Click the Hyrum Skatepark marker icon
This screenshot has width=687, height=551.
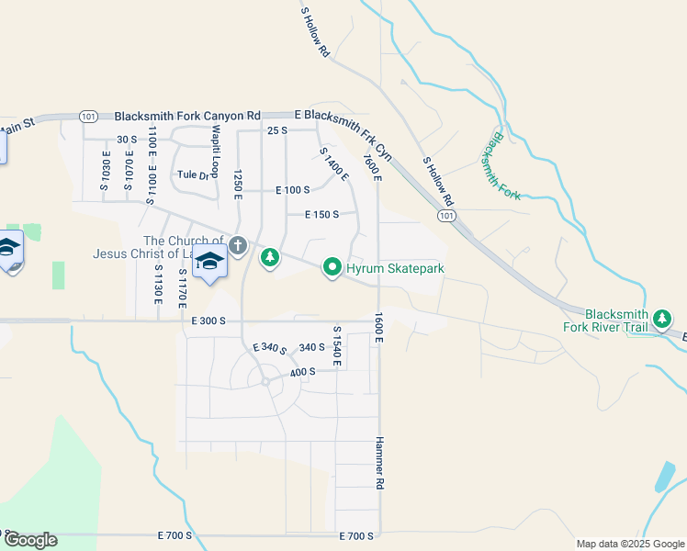pos(332,268)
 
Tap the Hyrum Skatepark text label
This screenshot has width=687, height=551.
pos(395,269)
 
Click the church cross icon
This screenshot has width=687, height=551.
pos(238,245)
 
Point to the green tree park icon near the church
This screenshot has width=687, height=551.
pos(269,258)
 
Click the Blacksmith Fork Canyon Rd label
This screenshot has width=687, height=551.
pos(187,117)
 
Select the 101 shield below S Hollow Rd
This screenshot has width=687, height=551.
pos(445,215)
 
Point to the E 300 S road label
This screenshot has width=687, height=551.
pos(209,320)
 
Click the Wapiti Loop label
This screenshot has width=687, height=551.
pos(215,152)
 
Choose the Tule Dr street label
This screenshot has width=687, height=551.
pos(194,174)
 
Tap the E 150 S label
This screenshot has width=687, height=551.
pos(322,215)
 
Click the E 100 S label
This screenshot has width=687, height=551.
pos(293,190)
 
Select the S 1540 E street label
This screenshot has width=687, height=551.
pos(337,346)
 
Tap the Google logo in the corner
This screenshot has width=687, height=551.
pos(30,540)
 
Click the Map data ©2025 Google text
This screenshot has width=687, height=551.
pos(629,544)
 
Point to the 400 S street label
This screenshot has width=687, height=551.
pos(303,372)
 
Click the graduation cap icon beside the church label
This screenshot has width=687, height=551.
pos(209,261)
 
